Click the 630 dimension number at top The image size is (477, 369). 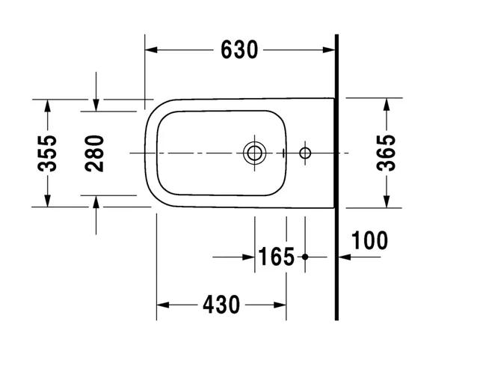[239, 50]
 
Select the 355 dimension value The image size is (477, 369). [47, 153]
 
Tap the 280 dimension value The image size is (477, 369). [95, 153]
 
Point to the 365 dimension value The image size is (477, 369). [386, 153]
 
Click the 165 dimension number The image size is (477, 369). [277, 257]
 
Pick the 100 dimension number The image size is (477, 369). [369, 241]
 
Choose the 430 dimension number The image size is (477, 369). [221, 305]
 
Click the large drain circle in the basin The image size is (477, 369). [253, 153]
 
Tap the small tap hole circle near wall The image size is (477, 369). [304, 153]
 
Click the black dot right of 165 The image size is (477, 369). [305, 257]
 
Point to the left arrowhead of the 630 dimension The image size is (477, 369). [150, 50]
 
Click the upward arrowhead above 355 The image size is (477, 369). [47, 104]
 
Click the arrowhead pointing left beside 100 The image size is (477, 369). [343, 257]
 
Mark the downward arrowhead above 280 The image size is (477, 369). [96, 106]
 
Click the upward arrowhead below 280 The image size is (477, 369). [96, 201]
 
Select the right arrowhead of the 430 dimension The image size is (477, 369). [281, 305]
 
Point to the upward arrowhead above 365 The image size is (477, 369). [386, 104]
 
